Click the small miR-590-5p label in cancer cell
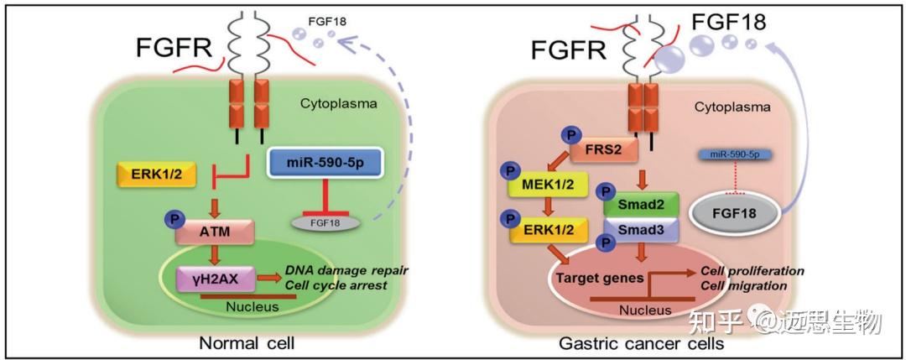tap(734, 155)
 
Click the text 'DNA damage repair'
tap(336, 269)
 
